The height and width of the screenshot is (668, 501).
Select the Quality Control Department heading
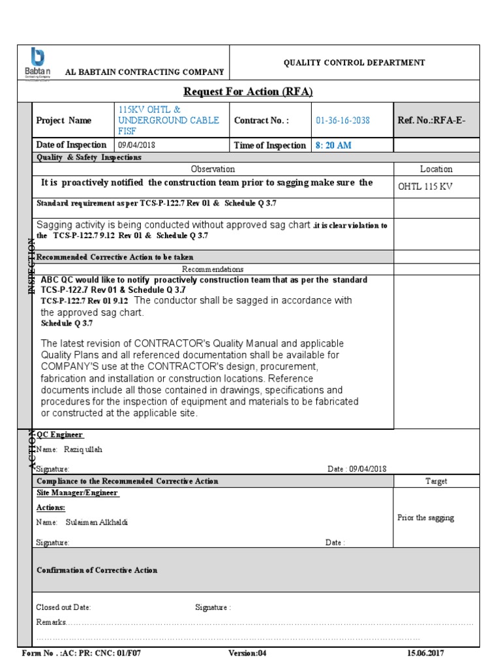(354, 63)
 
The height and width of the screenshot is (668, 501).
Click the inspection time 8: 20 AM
(333, 145)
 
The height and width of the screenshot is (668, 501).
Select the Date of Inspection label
(71, 145)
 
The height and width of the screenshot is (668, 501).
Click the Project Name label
(64, 121)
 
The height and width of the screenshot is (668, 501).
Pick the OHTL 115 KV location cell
(425, 187)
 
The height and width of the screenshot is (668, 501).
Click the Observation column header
(213, 169)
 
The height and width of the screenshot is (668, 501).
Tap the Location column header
(436, 169)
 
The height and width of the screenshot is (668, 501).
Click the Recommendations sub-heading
(213, 269)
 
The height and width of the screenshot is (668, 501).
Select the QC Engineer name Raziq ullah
(80, 449)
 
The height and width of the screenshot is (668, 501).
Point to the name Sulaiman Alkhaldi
(96, 522)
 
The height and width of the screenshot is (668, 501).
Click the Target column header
(436, 481)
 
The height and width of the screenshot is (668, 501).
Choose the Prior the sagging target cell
(425, 517)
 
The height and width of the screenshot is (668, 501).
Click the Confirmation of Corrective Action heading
(97, 570)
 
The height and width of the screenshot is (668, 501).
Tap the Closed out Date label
(63, 607)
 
